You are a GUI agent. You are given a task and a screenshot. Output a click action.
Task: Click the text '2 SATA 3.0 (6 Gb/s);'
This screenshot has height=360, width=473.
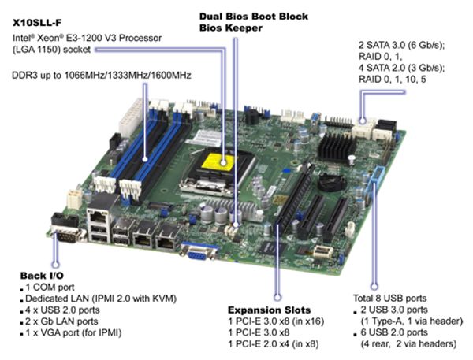[x=400, y=46]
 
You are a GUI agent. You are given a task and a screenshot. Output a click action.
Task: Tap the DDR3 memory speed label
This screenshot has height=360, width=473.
[x=101, y=76]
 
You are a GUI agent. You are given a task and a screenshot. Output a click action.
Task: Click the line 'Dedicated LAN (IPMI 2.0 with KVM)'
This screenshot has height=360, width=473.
[x=100, y=299]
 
